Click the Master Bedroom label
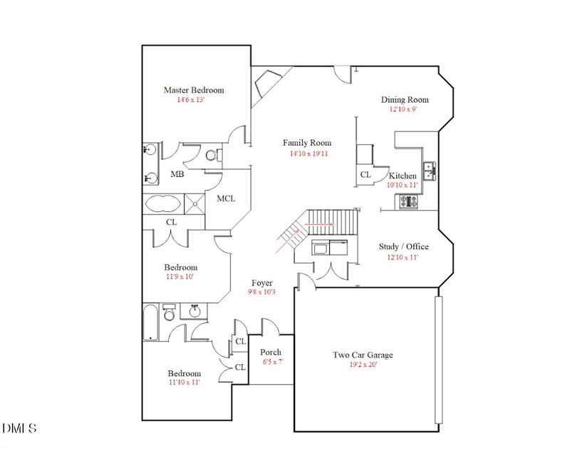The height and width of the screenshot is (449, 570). tap(194, 90)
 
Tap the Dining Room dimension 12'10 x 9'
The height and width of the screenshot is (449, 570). tap(403, 110)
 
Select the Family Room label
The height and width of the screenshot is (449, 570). tap(306, 143)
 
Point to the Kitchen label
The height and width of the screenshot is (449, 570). tap(403, 176)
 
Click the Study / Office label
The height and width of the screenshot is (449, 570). tap(403, 247)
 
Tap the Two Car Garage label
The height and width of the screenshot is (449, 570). tap(363, 355)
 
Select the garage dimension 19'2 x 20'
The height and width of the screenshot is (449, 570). tap(363, 365)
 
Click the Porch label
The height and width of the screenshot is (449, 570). tap(271, 352)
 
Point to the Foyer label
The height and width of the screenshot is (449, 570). tap(261, 283)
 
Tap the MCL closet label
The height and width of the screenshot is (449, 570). tap(226, 198)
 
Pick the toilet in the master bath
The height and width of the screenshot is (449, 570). tap(212, 155)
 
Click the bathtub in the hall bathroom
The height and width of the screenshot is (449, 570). tap(150, 323)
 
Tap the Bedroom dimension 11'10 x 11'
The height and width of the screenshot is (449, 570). tap(184, 383)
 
